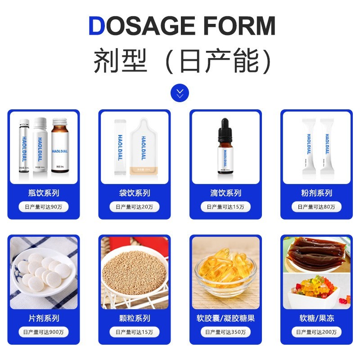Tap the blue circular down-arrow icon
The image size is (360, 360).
pos(180,93)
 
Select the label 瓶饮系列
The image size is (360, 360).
pos(44,193)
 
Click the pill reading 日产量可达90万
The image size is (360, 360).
pos(44,207)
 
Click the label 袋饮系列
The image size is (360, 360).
pos(135,193)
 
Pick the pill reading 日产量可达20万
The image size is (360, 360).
pos(135,207)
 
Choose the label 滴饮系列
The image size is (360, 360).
pos(225,193)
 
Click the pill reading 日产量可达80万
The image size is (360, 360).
pos(316,207)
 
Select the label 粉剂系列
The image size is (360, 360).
pos(316,193)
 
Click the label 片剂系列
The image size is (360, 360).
pos(44,318)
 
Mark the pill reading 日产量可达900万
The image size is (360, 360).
pos(44,332)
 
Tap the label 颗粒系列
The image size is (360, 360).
pos(135,318)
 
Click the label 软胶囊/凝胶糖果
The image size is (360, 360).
pos(225,318)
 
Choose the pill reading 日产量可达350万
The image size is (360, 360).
pos(225,332)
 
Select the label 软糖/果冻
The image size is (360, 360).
pos(316,318)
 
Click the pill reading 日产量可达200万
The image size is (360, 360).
pos(316,332)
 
